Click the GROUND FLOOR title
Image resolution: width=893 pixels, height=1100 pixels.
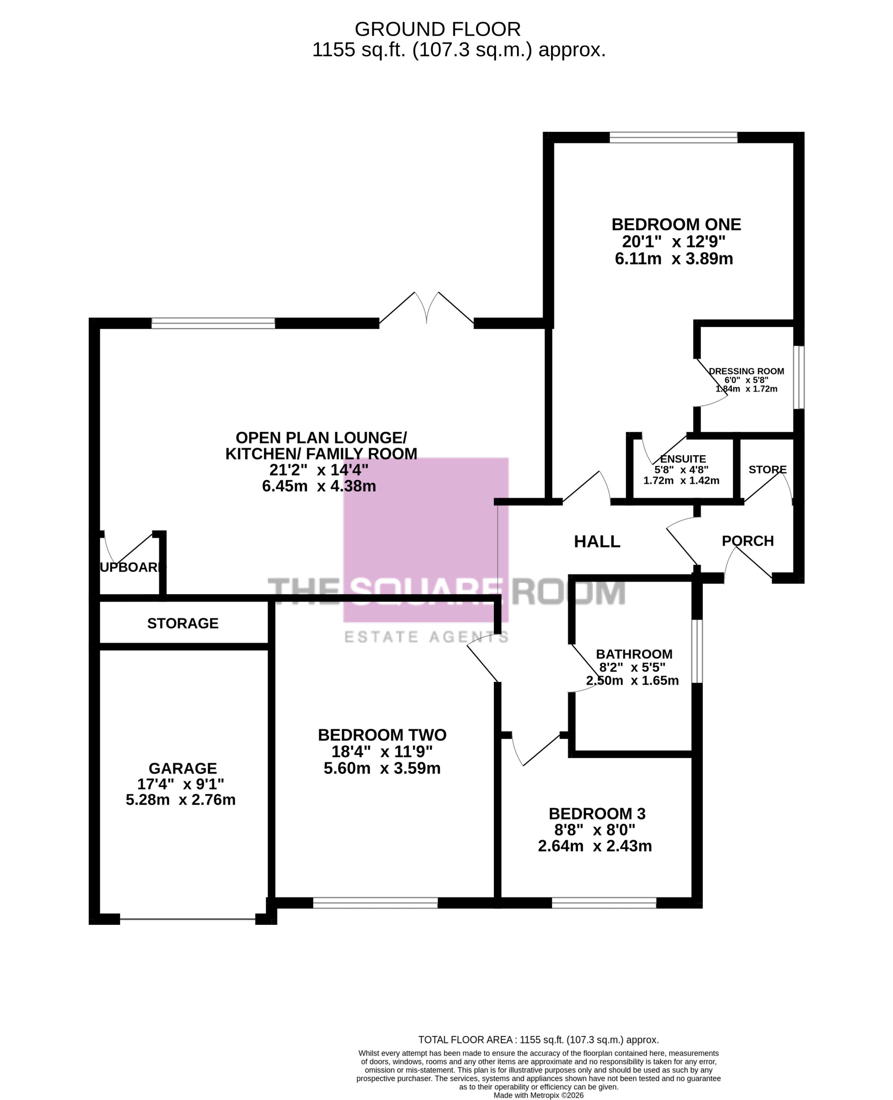437,29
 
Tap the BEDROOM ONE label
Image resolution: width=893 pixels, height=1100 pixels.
676,224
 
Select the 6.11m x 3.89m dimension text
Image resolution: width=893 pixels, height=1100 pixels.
674,258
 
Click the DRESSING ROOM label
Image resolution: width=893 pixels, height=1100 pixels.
747,371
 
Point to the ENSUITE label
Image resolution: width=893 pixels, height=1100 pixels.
683,459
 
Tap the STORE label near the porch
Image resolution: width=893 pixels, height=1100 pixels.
768,470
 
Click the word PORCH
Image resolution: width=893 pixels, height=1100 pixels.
748,541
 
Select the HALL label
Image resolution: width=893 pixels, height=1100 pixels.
597,542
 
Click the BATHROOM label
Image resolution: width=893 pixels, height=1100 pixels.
634,654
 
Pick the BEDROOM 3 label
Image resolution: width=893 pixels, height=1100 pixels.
597,814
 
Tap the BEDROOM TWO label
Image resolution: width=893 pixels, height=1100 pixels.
382,735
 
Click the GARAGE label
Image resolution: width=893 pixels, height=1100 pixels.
183,768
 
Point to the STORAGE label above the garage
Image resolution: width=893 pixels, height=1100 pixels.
183,623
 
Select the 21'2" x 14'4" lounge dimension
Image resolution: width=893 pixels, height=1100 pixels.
319,470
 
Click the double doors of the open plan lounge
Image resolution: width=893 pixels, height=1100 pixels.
426,308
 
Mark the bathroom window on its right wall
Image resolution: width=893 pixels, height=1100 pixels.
697,651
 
